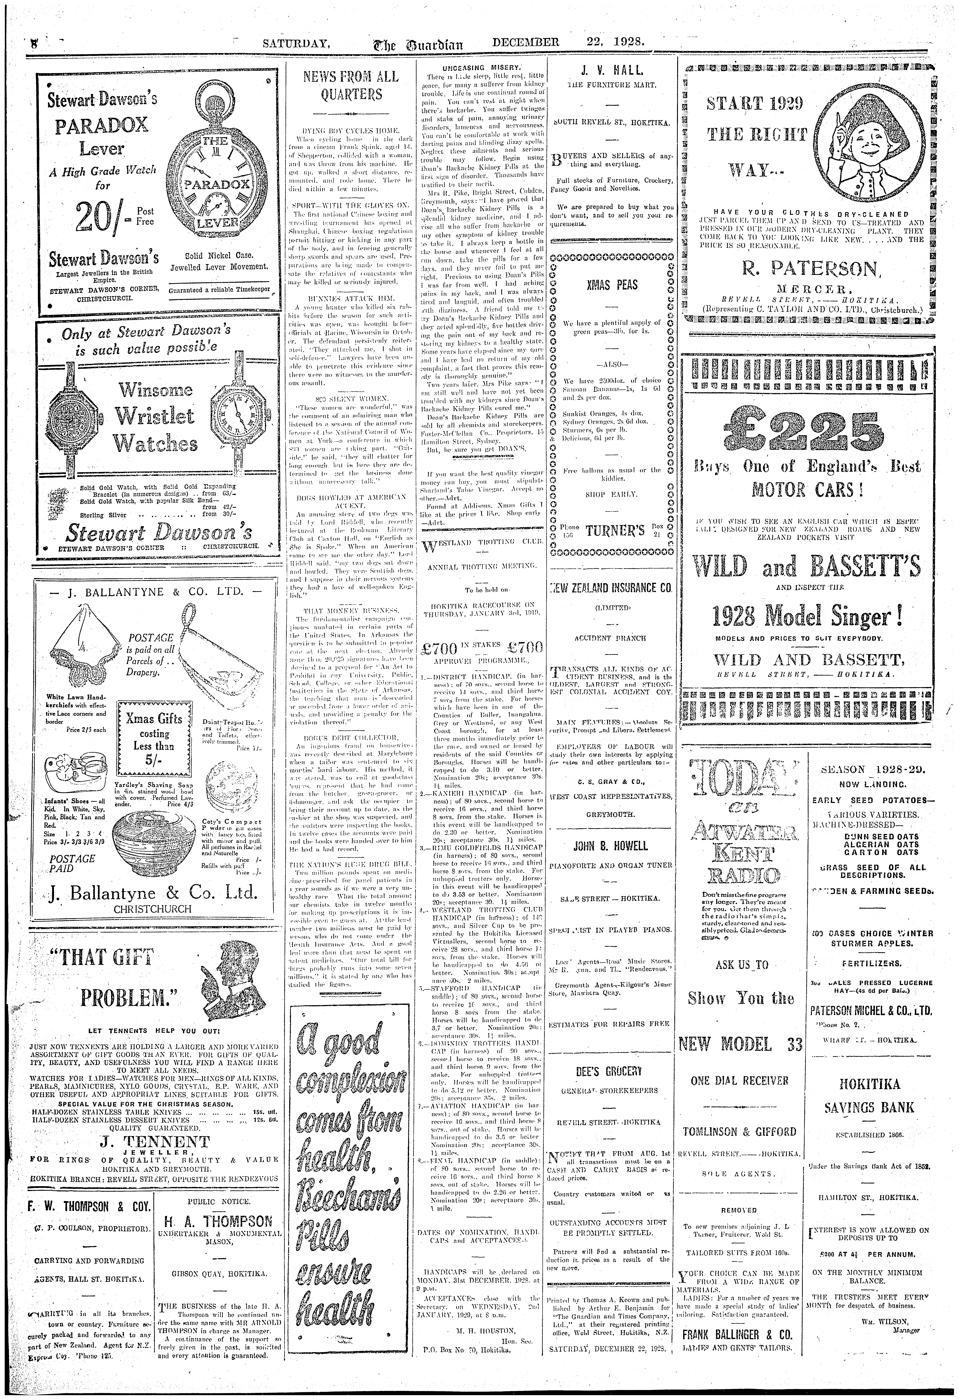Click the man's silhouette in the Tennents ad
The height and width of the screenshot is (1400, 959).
(227, 974)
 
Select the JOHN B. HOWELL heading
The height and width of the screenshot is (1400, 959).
(611, 846)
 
